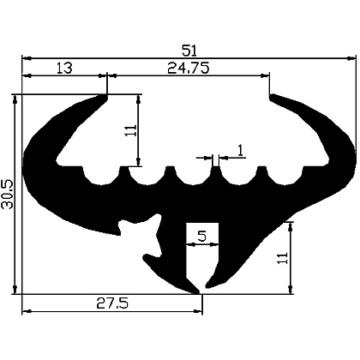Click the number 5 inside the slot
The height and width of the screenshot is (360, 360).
201,236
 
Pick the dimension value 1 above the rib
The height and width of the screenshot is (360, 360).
239,151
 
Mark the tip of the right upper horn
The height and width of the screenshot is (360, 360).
273,97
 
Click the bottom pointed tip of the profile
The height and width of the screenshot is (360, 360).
202,290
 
